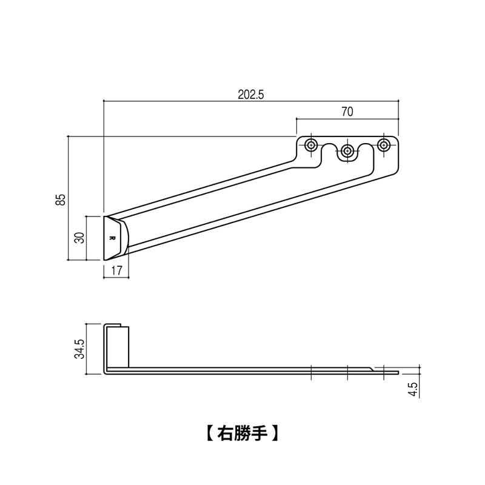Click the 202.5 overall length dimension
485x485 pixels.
pyautogui.click(x=252, y=95)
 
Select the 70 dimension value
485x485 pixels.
pyautogui.click(x=347, y=112)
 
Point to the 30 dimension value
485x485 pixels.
pyautogui.click(x=78, y=238)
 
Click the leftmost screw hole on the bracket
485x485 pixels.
pyautogui.click(x=312, y=145)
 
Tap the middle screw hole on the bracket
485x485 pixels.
pyautogui.click(x=347, y=151)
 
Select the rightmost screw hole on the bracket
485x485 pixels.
pyautogui.click(x=383, y=145)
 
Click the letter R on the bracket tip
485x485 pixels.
pyautogui.click(x=112, y=238)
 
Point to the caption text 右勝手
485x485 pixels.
pyautogui.click(x=242, y=434)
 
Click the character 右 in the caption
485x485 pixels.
pyautogui.click(x=225, y=434)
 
